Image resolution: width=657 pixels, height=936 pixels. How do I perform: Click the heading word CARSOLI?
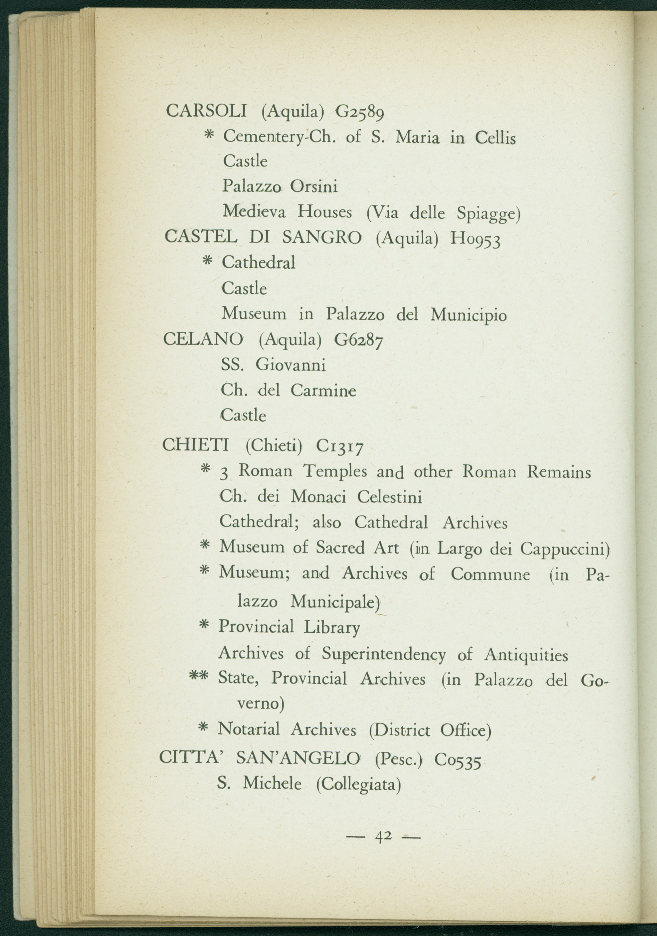pyautogui.click(x=206, y=111)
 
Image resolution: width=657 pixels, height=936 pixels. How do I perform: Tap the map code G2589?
pyautogui.click(x=359, y=112)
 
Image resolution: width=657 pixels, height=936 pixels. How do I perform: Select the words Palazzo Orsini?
pyautogui.click(x=280, y=187)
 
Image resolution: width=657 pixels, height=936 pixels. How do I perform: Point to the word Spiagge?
pyautogui.click(x=488, y=213)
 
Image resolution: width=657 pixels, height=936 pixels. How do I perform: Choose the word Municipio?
pyautogui.click(x=469, y=315)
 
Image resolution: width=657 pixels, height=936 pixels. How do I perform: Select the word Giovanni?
pyautogui.click(x=291, y=365)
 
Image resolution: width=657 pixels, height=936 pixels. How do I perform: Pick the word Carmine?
pyautogui.click(x=323, y=390)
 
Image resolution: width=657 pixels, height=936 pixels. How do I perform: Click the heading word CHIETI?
pyautogui.click(x=196, y=445)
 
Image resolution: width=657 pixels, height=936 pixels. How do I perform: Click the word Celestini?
pyautogui.click(x=390, y=497)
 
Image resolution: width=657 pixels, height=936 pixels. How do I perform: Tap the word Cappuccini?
pyautogui.click(x=565, y=549)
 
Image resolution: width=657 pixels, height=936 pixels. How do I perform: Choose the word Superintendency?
pyautogui.click(x=384, y=654)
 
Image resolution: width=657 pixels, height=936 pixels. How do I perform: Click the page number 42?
pyautogui.click(x=383, y=836)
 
